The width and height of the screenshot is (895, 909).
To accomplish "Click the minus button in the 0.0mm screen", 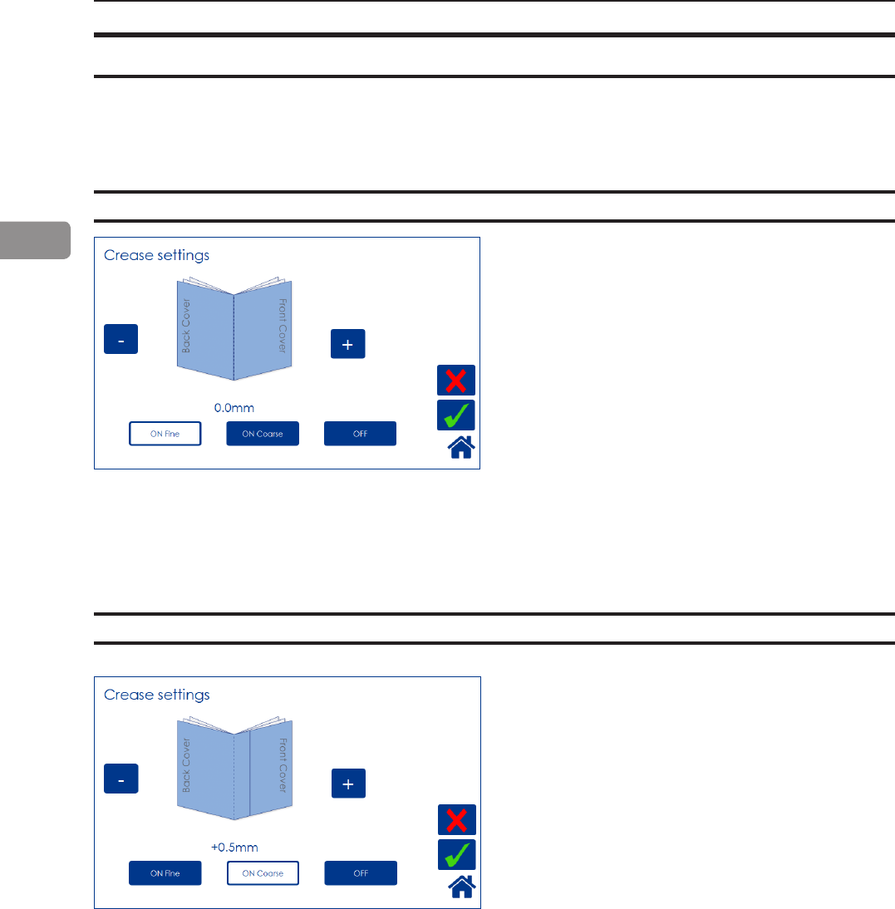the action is [x=120, y=340].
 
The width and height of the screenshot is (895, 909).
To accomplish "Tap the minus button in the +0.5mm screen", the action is [x=120, y=779].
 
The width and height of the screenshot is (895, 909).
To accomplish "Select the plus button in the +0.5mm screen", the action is [x=348, y=783].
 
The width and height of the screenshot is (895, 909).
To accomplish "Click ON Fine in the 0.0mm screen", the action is [x=165, y=434].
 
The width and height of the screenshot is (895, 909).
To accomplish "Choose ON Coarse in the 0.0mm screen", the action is [x=263, y=434].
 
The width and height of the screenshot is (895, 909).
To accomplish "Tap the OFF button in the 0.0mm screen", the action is [x=360, y=434].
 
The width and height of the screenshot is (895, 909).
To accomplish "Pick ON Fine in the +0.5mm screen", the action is [x=165, y=873].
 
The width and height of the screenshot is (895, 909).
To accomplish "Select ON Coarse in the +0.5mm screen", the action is [x=263, y=873].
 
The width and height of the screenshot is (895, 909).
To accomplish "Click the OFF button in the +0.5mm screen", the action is [x=361, y=873].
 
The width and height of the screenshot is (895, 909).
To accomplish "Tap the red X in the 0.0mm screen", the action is [x=456, y=381].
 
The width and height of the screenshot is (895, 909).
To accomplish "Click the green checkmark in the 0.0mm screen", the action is [x=456, y=415].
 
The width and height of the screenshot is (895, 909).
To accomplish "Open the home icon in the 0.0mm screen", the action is [x=461, y=448].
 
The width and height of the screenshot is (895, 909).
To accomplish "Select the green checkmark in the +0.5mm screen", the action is [x=456, y=855].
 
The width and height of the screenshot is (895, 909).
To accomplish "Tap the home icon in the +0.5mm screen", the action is [x=461, y=887].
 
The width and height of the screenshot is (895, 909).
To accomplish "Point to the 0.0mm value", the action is [x=234, y=408].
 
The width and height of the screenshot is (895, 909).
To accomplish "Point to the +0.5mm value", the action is [x=234, y=848].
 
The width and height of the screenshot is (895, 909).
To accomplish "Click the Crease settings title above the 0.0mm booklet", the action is [x=156, y=255].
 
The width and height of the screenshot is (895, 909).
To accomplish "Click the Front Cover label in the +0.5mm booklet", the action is [x=283, y=764].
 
